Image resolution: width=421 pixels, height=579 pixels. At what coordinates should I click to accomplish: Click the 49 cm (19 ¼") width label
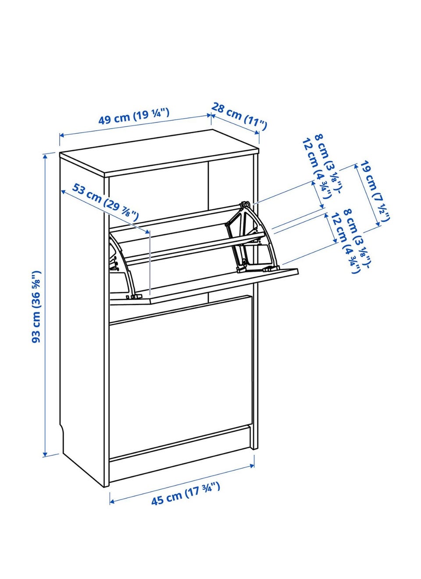coord(134,116)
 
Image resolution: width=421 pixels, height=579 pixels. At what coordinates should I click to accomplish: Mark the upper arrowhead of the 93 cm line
coord(46,156)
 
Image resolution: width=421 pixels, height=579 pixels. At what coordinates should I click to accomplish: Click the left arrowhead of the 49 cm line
coord(62,135)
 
